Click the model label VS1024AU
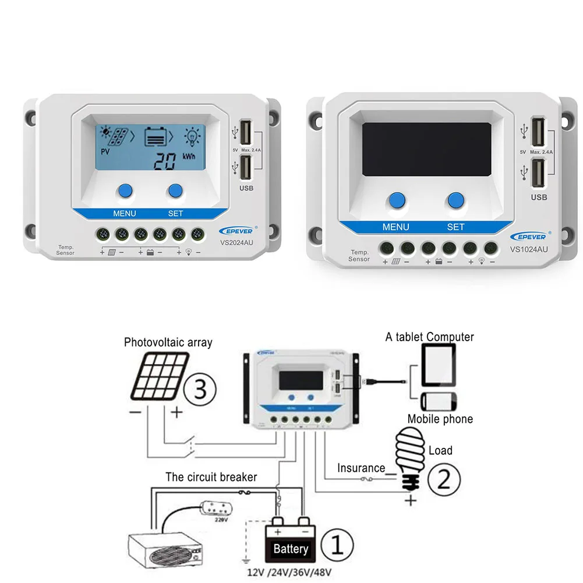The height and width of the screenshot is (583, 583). pyautogui.click(x=528, y=249)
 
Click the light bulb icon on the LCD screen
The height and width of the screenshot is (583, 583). pyautogui.click(x=192, y=136)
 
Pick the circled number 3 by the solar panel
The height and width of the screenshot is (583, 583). pyautogui.click(x=200, y=389)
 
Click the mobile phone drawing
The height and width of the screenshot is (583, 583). pyautogui.click(x=439, y=402)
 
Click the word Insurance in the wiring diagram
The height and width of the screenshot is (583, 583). pyautogui.click(x=361, y=468)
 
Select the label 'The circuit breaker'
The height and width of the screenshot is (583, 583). pyautogui.click(x=211, y=477)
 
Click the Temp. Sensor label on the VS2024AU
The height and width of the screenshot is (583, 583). pyautogui.click(x=65, y=250)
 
